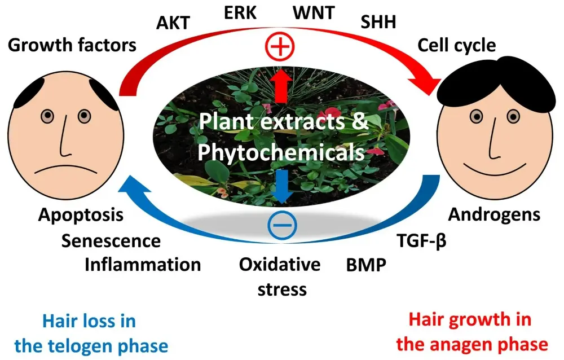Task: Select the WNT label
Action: tap(313, 12)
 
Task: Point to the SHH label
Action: tap(378, 22)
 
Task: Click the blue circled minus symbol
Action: tap(281, 226)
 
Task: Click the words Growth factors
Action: tap(72, 45)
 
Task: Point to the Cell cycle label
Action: tap(456, 45)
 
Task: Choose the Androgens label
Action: tap(494, 214)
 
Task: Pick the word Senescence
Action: tap(111, 241)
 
